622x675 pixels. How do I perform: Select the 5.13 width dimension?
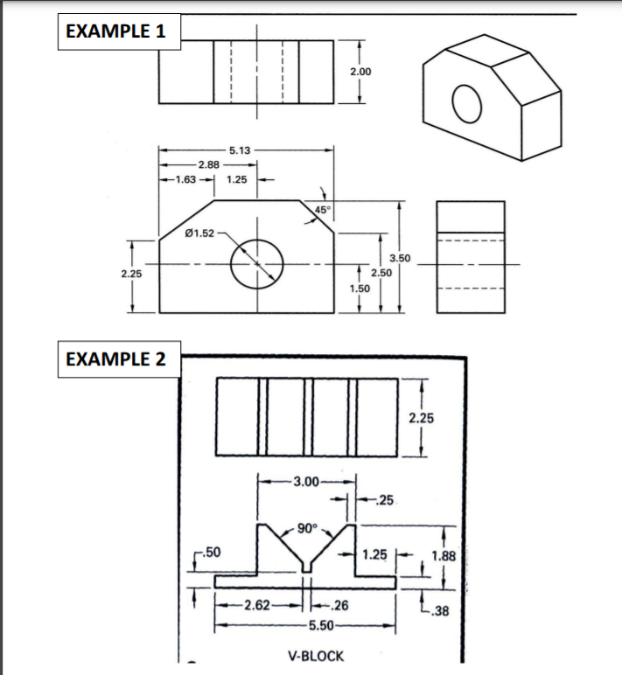(x=241, y=150)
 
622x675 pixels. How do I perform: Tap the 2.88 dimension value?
(x=208, y=164)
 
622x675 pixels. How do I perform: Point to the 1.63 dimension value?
(x=185, y=180)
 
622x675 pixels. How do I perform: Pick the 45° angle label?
(x=323, y=209)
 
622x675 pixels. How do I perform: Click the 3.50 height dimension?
(x=400, y=260)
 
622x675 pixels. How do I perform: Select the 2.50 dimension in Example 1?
(x=381, y=274)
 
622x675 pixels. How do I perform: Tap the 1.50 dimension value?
(x=359, y=288)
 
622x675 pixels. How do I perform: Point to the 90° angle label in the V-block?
(x=306, y=526)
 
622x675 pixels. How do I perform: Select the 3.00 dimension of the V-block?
(x=307, y=482)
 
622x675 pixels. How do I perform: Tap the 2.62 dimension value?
(x=258, y=604)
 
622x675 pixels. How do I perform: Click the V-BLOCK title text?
(x=316, y=656)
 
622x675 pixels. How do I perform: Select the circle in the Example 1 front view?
(x=258, y=262)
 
